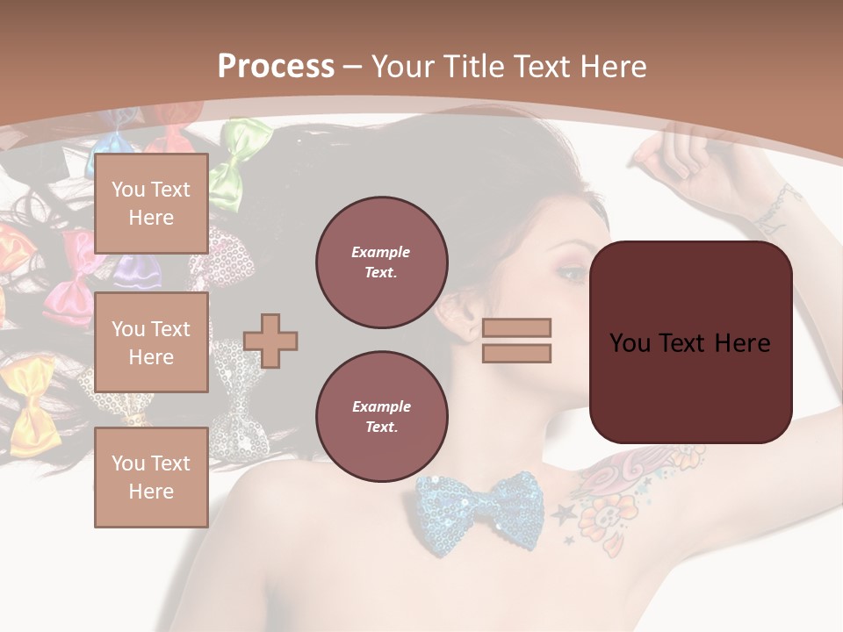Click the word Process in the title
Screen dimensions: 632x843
point(276,67)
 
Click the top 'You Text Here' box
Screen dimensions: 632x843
point(151,204)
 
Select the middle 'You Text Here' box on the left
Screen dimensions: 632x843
point(151,342)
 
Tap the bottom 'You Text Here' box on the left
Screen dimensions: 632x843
point(151,477)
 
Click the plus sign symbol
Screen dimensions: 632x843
point(270,341)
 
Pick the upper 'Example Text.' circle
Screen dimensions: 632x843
point(382,262)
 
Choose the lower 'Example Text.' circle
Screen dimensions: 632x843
point(382,417)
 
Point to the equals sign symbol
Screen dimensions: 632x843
point(516,341)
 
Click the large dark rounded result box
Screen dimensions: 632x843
point(691,342)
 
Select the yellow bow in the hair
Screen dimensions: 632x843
point(32,391)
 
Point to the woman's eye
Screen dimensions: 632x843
point(571,274)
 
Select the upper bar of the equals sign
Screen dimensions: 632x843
point(516,328)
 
